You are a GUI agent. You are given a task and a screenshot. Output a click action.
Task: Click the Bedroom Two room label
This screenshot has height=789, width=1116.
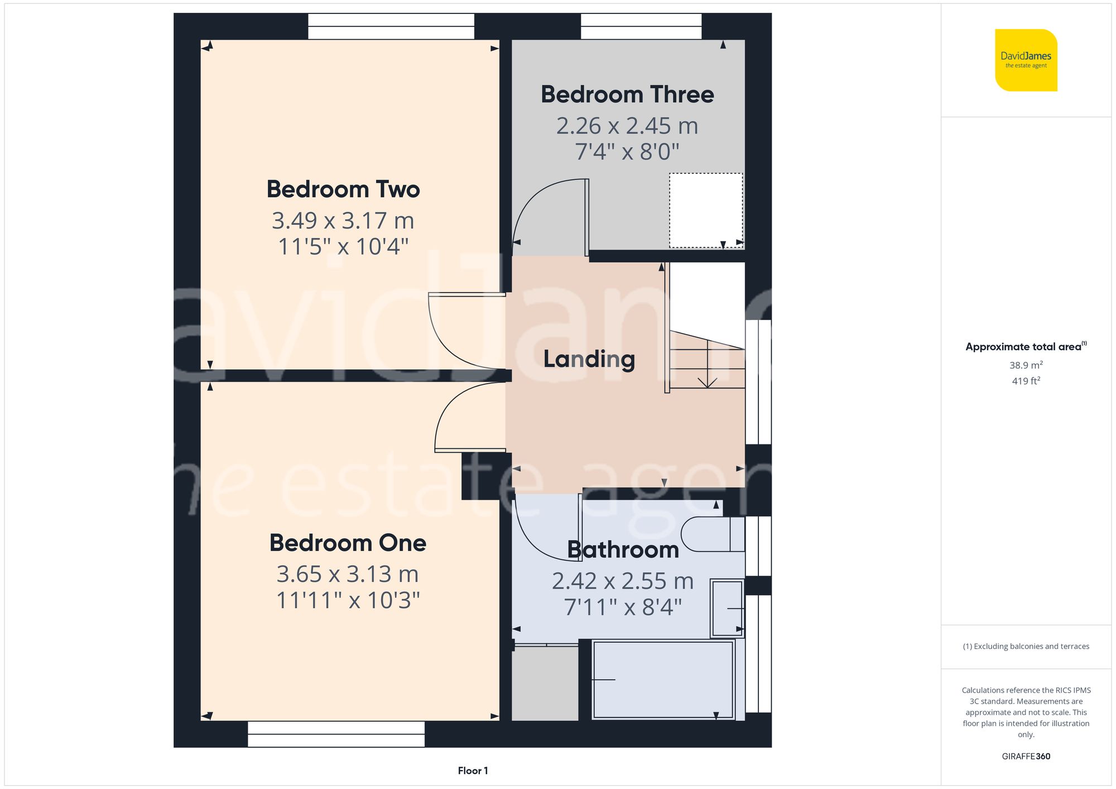tap(343, 190)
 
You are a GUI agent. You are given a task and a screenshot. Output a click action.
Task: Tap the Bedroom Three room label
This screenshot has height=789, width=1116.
tap(627, 95)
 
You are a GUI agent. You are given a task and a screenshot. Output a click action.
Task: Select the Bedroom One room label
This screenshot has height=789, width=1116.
tap(348, 543)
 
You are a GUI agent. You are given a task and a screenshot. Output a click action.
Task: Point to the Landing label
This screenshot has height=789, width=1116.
tap(589, 359)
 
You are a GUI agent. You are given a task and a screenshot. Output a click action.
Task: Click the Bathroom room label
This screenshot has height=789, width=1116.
tap(623, 550)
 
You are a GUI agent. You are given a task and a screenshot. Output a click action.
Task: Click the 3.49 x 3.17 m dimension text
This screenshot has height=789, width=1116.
tap(343, 221)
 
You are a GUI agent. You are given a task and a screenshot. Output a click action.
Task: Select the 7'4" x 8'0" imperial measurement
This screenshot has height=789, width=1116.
tap(627, 152)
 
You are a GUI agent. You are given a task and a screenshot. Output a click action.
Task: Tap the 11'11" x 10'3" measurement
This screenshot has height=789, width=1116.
tap(348, 601)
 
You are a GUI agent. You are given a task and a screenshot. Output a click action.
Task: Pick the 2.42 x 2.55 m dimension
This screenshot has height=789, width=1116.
tap(623, 582)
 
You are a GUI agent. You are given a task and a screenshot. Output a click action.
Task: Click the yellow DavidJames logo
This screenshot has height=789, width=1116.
tap(1026, 60)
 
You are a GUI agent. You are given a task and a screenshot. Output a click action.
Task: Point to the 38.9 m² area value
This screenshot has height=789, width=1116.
tap(1026, 365)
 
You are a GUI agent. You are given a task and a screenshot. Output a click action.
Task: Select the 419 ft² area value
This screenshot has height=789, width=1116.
tap(1026, 381)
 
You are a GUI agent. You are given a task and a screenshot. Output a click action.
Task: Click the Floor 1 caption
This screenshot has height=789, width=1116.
tap(473, 771)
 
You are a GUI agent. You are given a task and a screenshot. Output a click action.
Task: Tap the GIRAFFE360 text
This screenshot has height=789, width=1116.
tap(1026, 757)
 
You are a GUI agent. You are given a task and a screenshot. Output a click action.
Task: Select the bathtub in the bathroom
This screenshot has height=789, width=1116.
tap(663, 680)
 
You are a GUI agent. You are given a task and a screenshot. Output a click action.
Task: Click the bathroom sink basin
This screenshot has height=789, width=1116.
tap(727, 608)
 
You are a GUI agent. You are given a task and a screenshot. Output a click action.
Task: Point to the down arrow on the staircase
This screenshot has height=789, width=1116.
tap(708, 381)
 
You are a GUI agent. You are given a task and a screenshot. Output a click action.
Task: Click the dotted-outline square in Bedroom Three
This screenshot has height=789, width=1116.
tap(706, 210)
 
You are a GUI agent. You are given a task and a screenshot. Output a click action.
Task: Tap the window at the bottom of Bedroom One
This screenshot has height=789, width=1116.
tap(336, 734)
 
